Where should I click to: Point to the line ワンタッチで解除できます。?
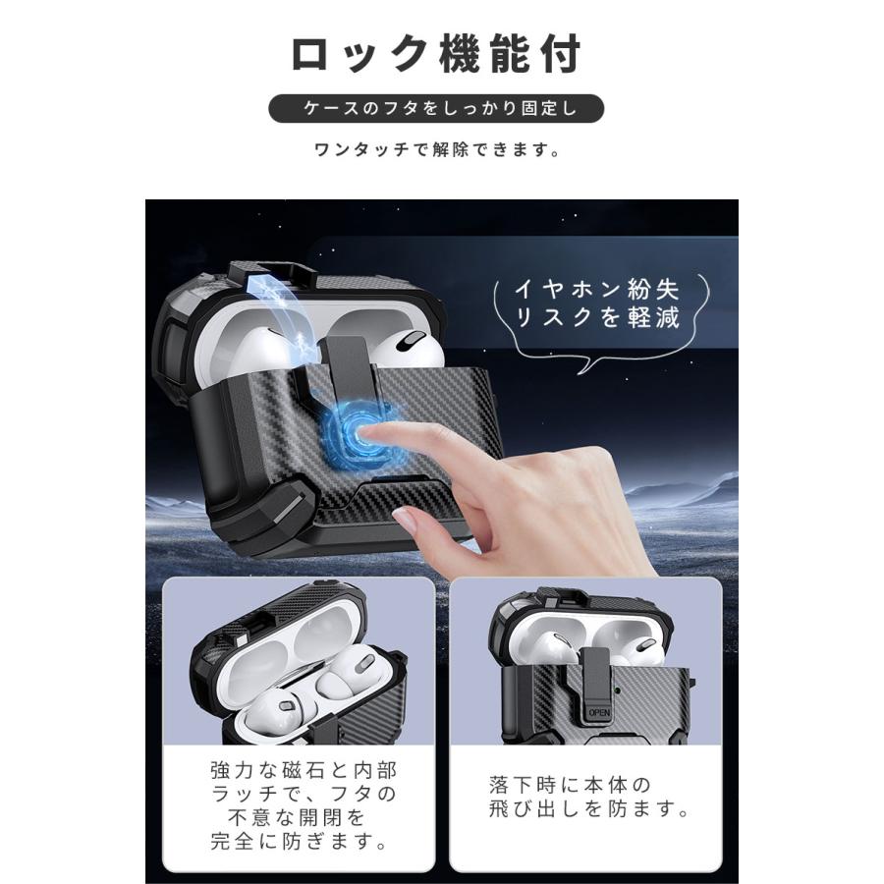pyautogui.click(x=438, y=151)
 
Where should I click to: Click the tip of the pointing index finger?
pyautogui.click(x=371, y=432)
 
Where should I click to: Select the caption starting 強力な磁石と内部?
pyautogui.click(x=304, y=768)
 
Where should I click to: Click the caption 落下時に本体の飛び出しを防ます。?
pyautogui.click(x=587, y=798)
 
